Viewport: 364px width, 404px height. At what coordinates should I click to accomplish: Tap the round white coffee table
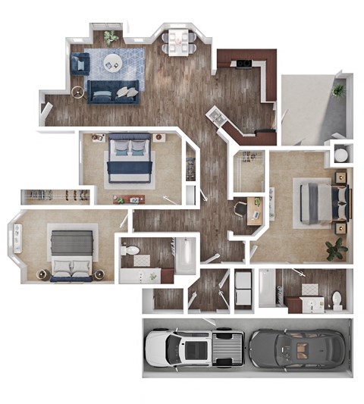[x=113, y=63]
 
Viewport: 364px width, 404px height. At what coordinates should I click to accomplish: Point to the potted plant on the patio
[x=338, y=90]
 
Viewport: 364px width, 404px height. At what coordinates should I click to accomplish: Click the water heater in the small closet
[x=340, y=155]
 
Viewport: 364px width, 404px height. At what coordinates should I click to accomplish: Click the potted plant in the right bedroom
[x=334, y=248]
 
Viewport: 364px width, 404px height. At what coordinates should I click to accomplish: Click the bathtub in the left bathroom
[x=184, y=256]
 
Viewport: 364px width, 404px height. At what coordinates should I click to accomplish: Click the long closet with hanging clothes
[x=55, y=196]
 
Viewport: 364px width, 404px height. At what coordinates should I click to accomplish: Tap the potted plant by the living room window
[x=111, y=36]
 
